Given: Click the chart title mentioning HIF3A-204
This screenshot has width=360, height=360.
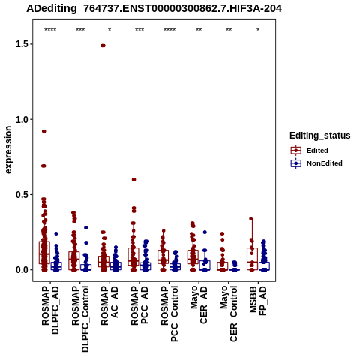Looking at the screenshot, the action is pos(154,8).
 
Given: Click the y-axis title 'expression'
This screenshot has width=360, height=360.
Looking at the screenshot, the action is pos(8,150).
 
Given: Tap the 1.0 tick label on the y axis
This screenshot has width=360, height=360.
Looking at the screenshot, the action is pos(21,119).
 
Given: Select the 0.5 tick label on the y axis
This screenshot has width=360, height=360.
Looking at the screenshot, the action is pos(21,195).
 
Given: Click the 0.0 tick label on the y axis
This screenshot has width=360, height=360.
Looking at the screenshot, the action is pos(21,270).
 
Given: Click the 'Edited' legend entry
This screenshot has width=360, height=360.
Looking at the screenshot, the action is pos(317,151).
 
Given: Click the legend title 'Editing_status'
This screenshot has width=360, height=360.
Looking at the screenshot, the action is pos(320,136).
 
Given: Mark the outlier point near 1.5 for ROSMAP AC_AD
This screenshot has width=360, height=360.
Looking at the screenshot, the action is pos(103,46).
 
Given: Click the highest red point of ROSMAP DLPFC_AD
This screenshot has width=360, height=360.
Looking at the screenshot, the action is pos(44,131).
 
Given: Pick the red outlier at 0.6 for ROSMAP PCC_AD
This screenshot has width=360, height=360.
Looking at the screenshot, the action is pos(133,179).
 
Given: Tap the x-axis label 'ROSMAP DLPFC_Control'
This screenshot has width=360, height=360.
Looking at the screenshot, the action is pos(80,319).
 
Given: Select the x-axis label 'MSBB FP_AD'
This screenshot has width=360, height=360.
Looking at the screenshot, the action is pos(258,301).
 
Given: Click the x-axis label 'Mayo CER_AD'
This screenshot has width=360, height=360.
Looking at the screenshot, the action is pos(199,304).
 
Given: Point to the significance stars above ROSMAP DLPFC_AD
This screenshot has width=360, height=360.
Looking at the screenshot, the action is pos(50,30).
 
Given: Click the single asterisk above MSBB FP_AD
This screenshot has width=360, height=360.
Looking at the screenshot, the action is pos(258,30).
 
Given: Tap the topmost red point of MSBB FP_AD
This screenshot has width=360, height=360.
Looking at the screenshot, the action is pos(251,219).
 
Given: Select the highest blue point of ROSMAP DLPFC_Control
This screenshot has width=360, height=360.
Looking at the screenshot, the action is pos(86,228).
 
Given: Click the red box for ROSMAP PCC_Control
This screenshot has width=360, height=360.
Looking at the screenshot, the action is pos(163,256).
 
